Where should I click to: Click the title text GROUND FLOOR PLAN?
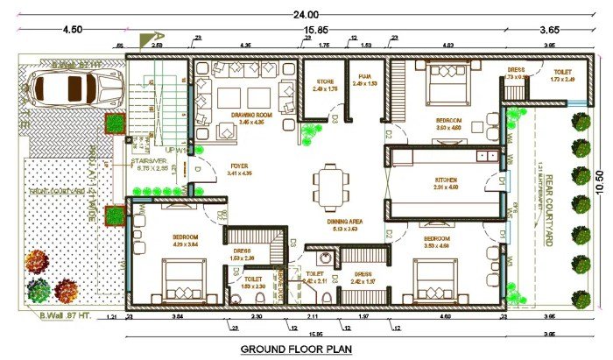click(296, 349)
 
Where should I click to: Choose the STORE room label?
click(325, 82)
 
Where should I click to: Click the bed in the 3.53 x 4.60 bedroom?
click(435, 282)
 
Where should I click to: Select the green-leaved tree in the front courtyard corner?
click(39, 289)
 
